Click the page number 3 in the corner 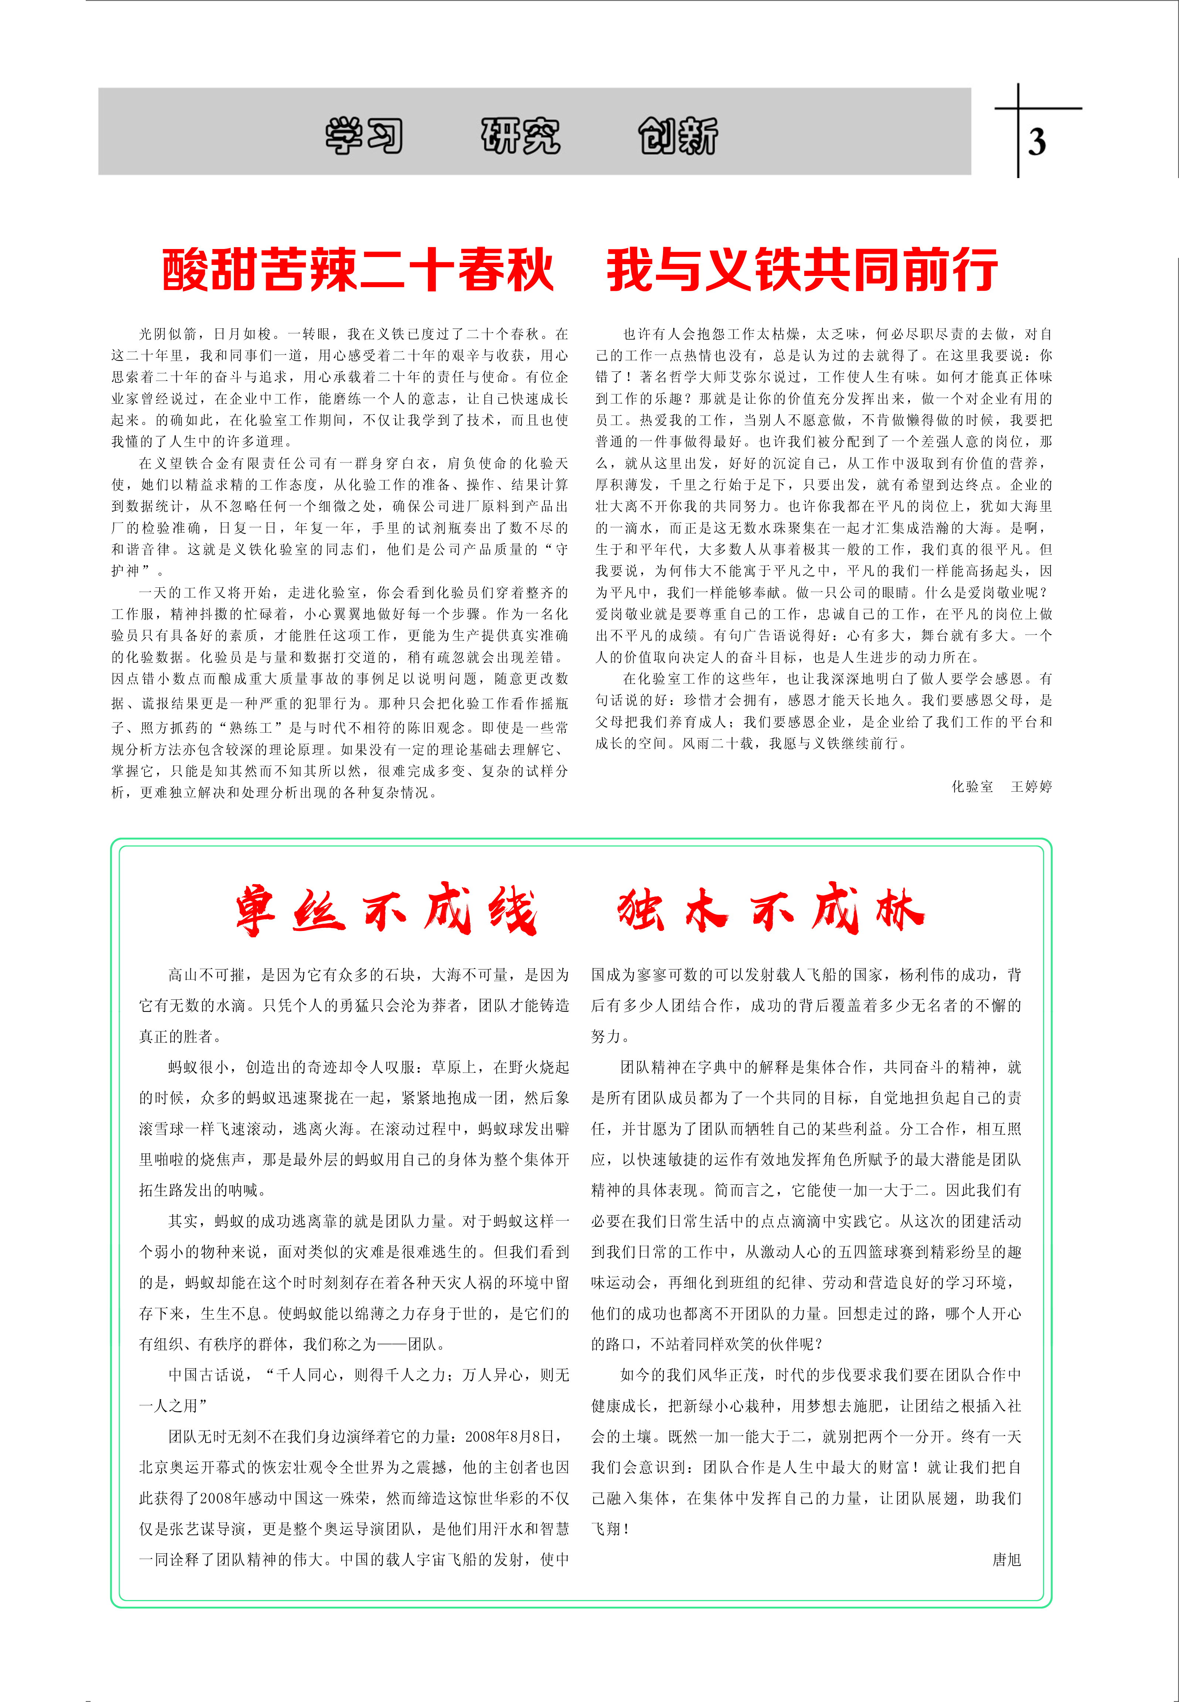pyautogui.click(x=1036, y=142)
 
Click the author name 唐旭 pyautogui.click(x=1006, y=1559)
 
